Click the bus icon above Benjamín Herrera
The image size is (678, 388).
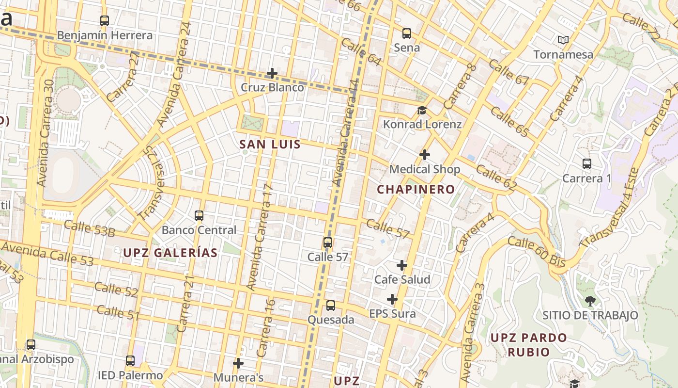coord(105,21)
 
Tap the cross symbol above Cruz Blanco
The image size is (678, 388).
coord(272,73)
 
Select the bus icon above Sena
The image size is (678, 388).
coord(407,33)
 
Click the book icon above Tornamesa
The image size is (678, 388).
coord(563,40)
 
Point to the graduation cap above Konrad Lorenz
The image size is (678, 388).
coord(422,110)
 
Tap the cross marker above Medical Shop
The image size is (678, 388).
coord(425,155)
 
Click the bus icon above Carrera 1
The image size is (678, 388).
coord(587,164)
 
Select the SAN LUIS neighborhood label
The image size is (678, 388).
coord(270,144)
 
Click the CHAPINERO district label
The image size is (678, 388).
coord(416,189)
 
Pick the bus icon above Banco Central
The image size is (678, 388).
coord(199,215)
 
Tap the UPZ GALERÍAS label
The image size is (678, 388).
coord(170,253)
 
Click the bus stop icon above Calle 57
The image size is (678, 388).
coord(328,242)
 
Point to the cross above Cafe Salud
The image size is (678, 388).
coord(402,265)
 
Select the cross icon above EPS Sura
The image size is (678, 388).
coord(392,299)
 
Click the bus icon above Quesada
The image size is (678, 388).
coord(331,306)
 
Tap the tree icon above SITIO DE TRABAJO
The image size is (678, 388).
coord(590,301)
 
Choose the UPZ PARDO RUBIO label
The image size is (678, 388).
coord(528,344)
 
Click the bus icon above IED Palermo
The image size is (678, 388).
coord(130,361)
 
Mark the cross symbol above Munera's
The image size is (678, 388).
coord(238,363)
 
